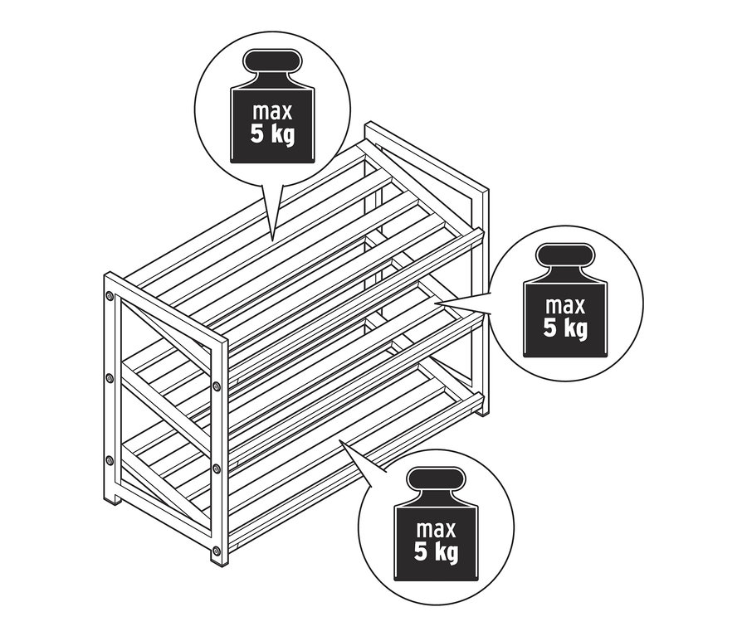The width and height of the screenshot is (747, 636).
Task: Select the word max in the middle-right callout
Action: pyautogui.click(x=565, y=305)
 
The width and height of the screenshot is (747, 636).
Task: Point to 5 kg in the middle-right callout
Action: pyautogui.click(x=565, y=328)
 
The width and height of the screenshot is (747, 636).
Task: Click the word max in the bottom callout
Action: pyautogui.click(x=437, y=528)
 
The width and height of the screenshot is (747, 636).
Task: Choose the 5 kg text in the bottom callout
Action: pyautogui.click(x=437, y=551)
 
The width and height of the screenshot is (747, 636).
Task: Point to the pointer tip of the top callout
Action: pyautogui.click(x=271, y=239)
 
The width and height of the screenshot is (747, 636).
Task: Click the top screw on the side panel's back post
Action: pyautogui.click(x=110, y=296)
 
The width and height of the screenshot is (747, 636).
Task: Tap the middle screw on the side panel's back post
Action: pyautogui.click(x=110, y=378)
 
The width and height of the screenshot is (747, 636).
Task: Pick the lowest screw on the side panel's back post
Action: pyautogui.click(x=110, y=460)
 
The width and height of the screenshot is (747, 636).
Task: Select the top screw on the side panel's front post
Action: pyautogui.click(x=216, y=386)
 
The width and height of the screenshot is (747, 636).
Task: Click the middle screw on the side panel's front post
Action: pyautogui.click(x=216, y=469)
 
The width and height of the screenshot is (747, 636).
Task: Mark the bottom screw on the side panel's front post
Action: pyautogui.click(x=216, y=550)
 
